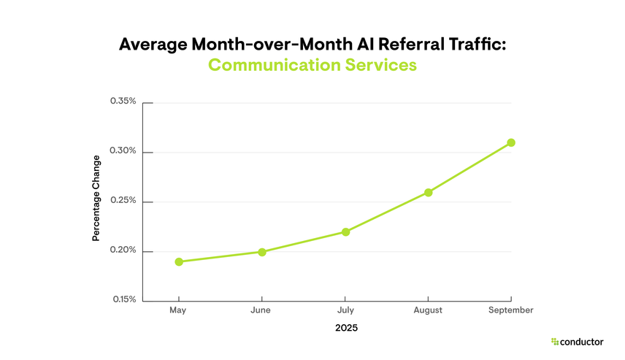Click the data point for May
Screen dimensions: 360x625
(x=178, y=261)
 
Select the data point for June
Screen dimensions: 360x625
(x=261, y=252)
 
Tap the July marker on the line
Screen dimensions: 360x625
(x=345, y=232)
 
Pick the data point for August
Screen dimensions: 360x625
(x=429, y=193)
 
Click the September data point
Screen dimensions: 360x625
(x=511, y=142)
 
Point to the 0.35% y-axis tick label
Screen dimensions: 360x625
(x=123, y=102)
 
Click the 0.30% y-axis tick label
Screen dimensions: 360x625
(x=123, y=151)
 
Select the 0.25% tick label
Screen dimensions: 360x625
(x=123, y=201)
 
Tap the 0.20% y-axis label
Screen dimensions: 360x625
(x=123, y=250)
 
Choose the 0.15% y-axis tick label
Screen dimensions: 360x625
(x=123, y=299)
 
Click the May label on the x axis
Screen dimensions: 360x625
(x=177, y=310)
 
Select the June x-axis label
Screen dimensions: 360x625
(x=260, y=310)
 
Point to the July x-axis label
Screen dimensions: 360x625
(x=345, y=310)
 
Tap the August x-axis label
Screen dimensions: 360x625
(x=428, y=310)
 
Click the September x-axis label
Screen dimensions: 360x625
(x=511, y=310)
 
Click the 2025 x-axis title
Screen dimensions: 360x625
(x=346, y=328)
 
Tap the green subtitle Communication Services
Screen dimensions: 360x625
(x=312, y=65)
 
